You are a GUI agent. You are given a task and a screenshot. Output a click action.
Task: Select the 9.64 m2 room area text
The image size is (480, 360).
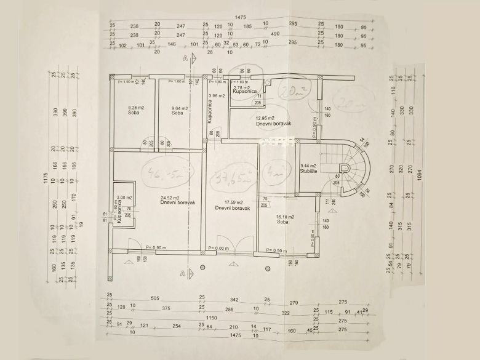[x=180, y=108]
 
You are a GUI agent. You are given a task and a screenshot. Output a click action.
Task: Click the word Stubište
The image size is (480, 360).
[x=308, y=172]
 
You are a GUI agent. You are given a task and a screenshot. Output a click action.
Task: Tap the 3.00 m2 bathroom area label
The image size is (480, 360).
[x=125, y=198]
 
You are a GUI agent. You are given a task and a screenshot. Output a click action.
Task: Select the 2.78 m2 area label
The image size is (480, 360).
[x=241, y=88]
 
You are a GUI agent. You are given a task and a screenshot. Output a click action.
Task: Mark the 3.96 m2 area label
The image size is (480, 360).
[x=216, y=95]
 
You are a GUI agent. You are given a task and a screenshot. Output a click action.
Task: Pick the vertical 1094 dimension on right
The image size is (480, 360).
[x=420, y=174]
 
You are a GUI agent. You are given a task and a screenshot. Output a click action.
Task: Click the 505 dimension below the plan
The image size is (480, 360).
[x=154, y=298]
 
